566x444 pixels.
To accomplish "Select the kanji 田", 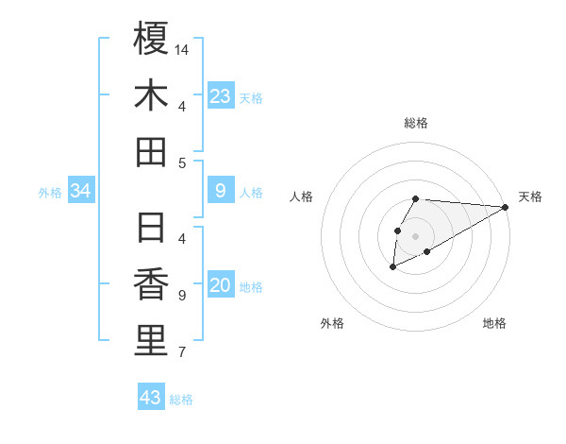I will (x=151, y=151).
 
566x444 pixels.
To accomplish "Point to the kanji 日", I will (x=151, y=228).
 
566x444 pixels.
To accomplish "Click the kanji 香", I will (x=151, y=284).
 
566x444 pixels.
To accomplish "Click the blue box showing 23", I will (x=220, y=96).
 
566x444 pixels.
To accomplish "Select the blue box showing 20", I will (x=220, y=286).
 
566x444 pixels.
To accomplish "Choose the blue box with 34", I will (x=80, y=192).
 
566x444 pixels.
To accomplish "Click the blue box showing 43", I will (x=150, y=398).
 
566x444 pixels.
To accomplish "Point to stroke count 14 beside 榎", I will (x=182, y=49).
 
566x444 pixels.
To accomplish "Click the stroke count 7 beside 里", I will (x=181, y=352).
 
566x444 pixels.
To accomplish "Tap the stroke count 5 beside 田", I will (x=181, y=162).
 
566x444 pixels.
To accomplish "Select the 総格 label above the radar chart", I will (x=416, y=123).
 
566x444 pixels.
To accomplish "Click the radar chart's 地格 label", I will (x=494, y=323).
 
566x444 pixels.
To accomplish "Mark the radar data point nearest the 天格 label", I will (x=505, y=207).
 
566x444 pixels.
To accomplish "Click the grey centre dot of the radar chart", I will (x=415, y=235).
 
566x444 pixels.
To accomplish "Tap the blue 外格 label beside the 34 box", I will (x=50, y=193).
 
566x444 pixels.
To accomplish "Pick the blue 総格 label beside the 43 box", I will (x=181, y=400).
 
